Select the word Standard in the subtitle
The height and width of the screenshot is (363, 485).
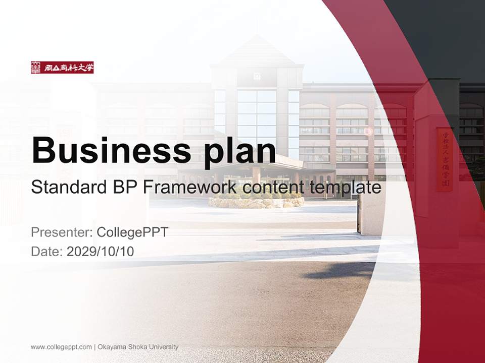pos(67,188)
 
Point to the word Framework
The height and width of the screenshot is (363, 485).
pos(189,188)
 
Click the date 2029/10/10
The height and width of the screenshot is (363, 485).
pos(100,251)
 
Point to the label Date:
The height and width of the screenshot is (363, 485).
pos(47,251)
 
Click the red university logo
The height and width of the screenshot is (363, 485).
pos(62,68)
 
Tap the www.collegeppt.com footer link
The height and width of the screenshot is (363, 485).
pos(61,347)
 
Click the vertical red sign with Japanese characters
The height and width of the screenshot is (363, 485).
pos(445,159)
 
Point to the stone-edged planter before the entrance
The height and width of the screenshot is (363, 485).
pos(256,202)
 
